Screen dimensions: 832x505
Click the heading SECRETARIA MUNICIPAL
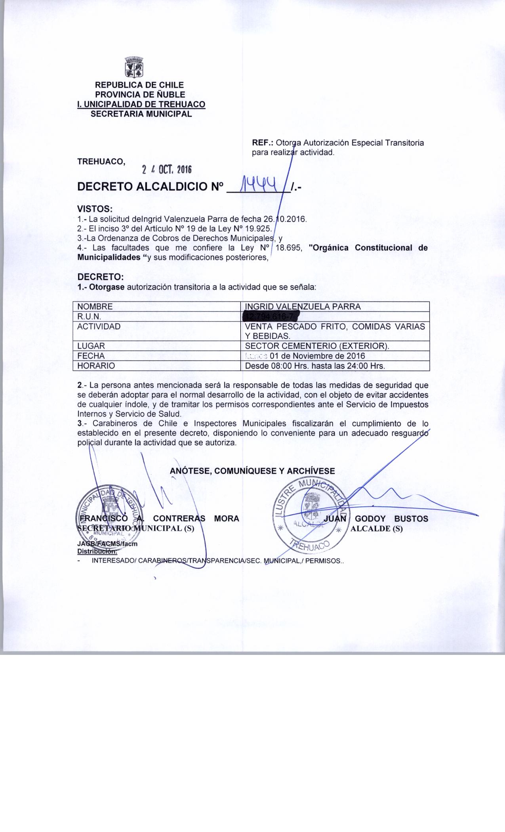point(141,114)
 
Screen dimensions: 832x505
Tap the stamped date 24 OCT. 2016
point(167,170)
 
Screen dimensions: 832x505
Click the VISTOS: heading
point(95,208)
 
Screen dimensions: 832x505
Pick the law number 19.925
point(258,229)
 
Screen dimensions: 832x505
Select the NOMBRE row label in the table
point(95,307)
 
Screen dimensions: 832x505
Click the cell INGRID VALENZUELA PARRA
point(303,307)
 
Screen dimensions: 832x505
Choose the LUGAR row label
point(91,346)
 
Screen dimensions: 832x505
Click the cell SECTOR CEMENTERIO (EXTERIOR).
point(317,346)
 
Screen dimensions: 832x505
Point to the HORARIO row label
point(96,366)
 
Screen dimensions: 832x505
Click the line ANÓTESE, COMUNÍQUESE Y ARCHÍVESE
point(252,471)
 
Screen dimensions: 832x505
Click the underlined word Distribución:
point(96,551)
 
